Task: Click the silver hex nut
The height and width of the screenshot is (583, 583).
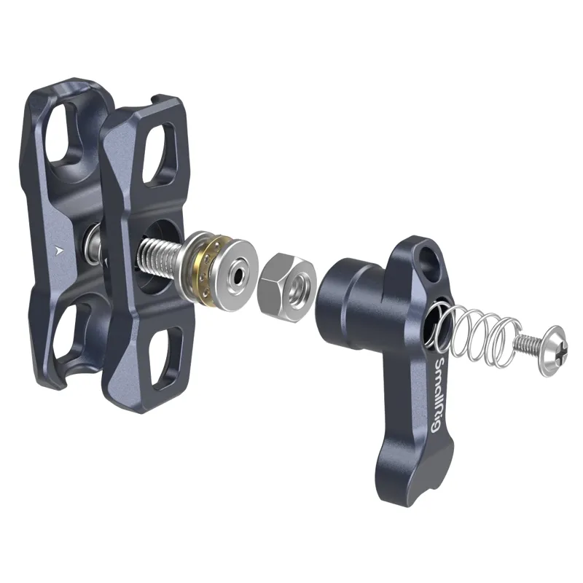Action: click(x=286, y=287)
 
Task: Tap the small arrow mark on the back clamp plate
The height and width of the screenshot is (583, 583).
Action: click(x=57, y=250)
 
